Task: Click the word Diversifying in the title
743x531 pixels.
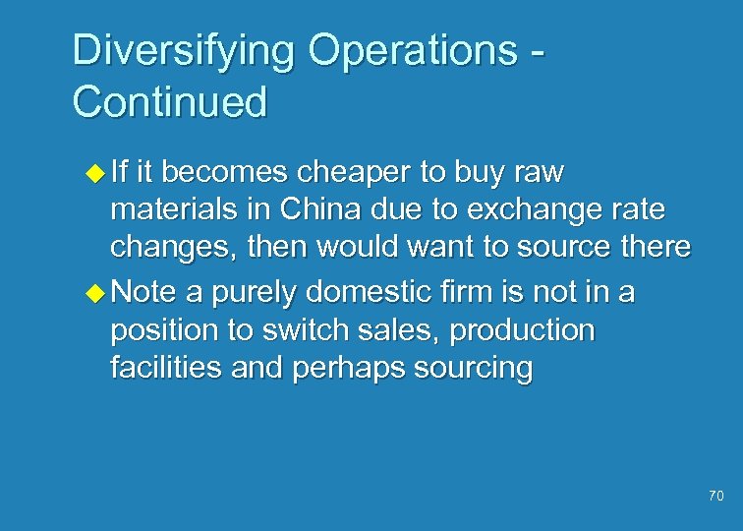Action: click(181, 50)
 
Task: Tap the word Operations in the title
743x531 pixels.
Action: click(406, 50)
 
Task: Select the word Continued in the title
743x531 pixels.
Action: click(169, 101)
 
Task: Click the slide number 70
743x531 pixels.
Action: click(714, 497)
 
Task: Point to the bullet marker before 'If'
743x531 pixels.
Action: click(94, 174)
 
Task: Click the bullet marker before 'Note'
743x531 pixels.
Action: click(94, 291)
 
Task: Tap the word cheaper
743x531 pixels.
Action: click(353, 173)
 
